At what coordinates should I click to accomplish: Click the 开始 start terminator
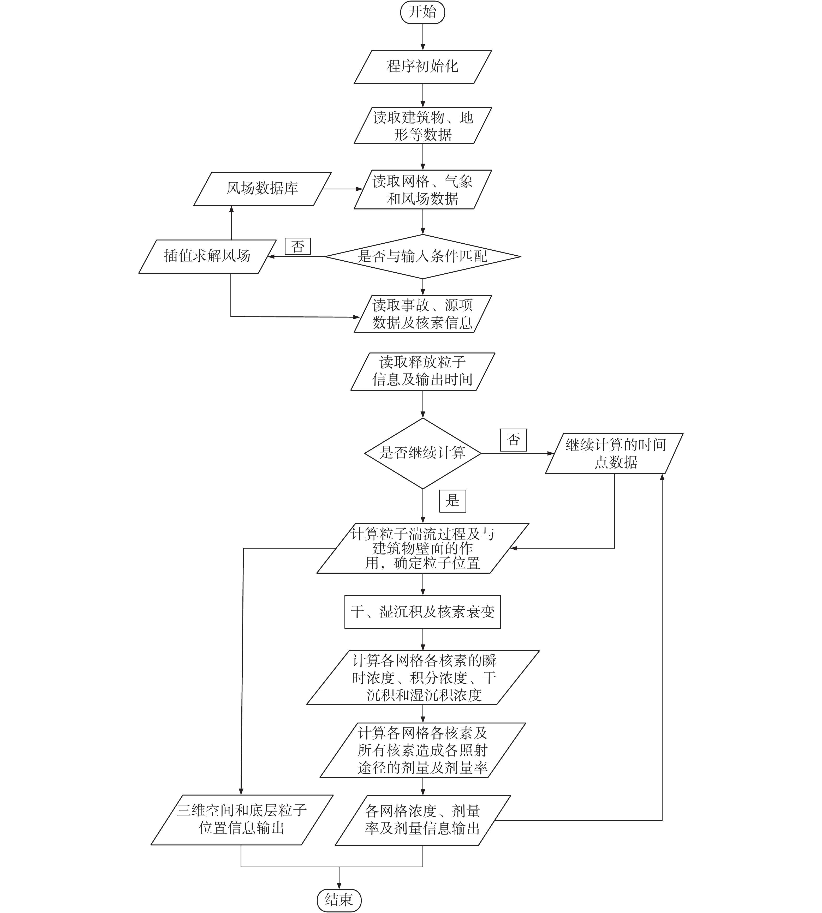(x=422, y=12)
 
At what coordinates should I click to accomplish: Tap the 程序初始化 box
(x=422, y=67)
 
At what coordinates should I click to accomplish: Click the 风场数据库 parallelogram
(x=263, y=189)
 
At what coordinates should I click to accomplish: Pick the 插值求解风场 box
(x=207, y=256)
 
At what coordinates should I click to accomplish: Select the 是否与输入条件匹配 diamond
(x=422, y=256)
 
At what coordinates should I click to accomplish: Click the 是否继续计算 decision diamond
(x=422, y=453)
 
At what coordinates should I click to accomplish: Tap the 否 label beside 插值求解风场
(x=298, y=247)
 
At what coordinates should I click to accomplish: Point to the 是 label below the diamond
(x=452, y=501)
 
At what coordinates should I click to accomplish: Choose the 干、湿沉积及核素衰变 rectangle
(x=422, y=612)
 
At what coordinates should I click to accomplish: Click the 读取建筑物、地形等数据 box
(x=422, y=125)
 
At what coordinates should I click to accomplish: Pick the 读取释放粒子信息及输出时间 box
(x=422, y=371)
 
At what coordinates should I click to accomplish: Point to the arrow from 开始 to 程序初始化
(x=423, y=36)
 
